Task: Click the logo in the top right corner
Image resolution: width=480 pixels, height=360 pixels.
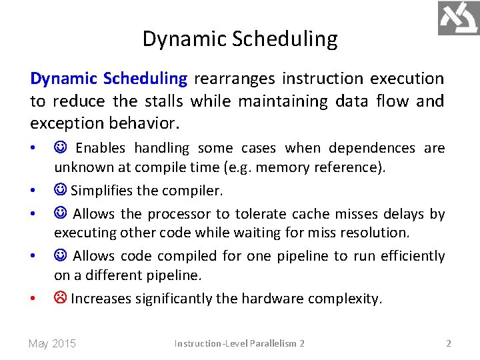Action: pos(458,18)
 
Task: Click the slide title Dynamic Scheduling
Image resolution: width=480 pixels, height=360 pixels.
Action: pos(240,39)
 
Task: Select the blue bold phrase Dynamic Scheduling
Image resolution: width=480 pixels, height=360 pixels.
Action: pos(109,79)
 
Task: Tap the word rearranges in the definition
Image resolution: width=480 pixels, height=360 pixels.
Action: pos(235,79)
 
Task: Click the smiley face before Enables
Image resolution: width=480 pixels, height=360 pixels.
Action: pos(61,148)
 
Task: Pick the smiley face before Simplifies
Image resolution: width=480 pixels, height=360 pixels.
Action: pos(61,191)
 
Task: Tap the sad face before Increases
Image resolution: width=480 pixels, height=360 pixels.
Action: pos(61,299)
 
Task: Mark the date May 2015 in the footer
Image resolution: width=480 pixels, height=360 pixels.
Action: pos(52,343)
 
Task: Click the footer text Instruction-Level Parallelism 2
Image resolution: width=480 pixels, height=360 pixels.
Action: pos(239,343)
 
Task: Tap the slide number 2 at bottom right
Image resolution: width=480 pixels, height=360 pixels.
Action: pos(448,343)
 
